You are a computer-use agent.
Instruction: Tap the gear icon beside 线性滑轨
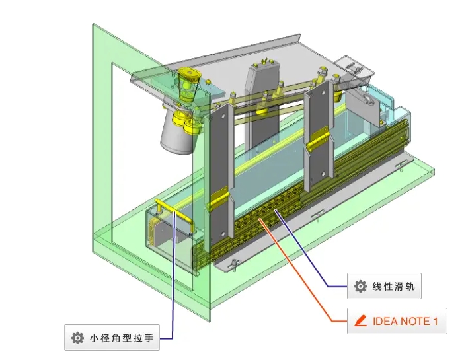point(360,287)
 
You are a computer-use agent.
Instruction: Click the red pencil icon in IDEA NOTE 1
point(360,322)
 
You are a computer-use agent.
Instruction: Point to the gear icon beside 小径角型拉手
point(77,338)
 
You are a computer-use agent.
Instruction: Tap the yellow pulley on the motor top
point(189,79)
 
